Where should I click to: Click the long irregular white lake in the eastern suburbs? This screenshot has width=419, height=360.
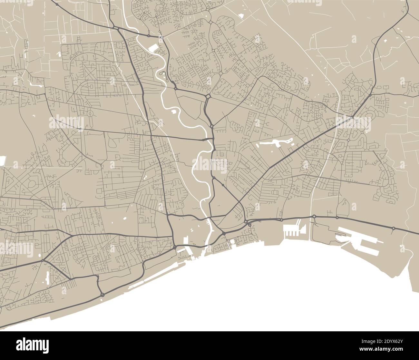[x=274, y=142]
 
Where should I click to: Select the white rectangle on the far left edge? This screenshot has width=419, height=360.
[x=3, y=161]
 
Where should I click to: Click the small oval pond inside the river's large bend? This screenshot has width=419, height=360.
[x=174, y=112]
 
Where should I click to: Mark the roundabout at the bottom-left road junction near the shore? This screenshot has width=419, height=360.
[x=102, y=295]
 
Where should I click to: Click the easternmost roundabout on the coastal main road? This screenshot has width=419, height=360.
[x=394, y=228]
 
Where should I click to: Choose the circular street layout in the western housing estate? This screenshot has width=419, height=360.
[x=90, y=113]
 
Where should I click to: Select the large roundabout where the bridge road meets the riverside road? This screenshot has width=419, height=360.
[x=208, y=96]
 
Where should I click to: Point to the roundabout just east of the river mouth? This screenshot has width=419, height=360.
[x=223, y=233]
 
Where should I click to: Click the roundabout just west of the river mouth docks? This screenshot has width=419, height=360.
[x=175, y=247]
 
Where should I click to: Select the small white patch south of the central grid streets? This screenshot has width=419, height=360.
[x=124, y=219]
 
